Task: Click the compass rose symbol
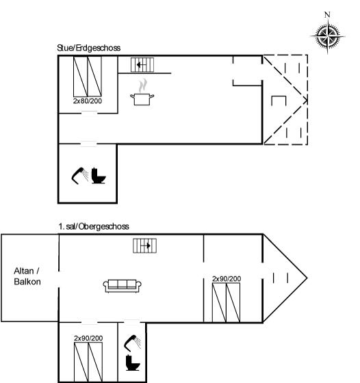(x=328, y=36)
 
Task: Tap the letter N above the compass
(x=327, y=14)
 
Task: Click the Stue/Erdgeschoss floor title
(x=89, y=48)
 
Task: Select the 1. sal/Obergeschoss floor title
(x=94, y=226)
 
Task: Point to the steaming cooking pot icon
(x=142, y=92)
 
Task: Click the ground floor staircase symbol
(x=142, y=65)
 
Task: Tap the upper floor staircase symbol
(x=144, y=246)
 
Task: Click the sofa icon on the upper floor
(x=123, y=286)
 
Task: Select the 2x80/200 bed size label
(x=88, y=101)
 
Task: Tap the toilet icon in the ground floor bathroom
(x=99, y=175)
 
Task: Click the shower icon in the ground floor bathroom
(x=80, y=176)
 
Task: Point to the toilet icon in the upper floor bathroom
(x=133, y=362)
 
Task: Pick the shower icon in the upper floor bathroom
(x=133, y=343)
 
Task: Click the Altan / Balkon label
(x=27, y=276)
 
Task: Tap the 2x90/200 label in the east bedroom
(x=227, y=279)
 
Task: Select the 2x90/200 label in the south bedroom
(x=88, y=339)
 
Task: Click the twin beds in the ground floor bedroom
(x=88, y=77)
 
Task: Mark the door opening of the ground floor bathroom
(x=88, y=144)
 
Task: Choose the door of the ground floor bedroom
(x=89, y=113)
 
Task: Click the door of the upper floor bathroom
(x=131, y=322)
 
